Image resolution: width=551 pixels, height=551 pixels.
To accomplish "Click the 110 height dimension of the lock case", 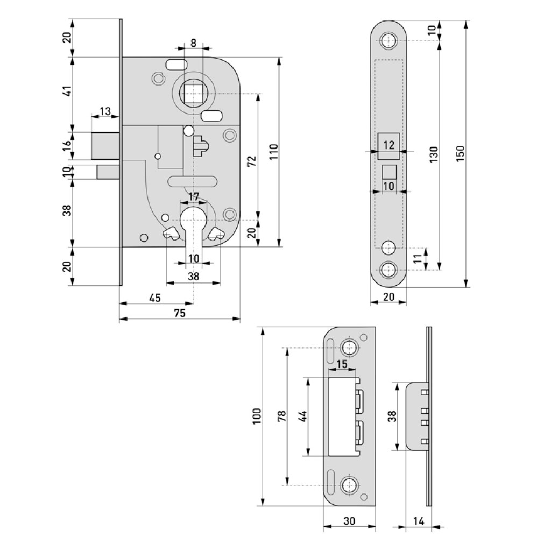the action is [274, 151].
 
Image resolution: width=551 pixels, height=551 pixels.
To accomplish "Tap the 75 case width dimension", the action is [180, 313].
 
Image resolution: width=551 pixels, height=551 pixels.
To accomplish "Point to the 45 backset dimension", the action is [155, 298].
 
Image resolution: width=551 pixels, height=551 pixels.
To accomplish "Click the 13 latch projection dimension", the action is [105, 111].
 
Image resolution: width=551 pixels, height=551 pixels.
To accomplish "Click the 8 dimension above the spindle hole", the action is [194, 43].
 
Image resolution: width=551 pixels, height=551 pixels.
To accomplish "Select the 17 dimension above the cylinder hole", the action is [194, 196].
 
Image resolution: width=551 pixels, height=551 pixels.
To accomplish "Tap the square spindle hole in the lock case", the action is [192, 94].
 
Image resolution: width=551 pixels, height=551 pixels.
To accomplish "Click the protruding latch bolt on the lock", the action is [105, 146].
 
